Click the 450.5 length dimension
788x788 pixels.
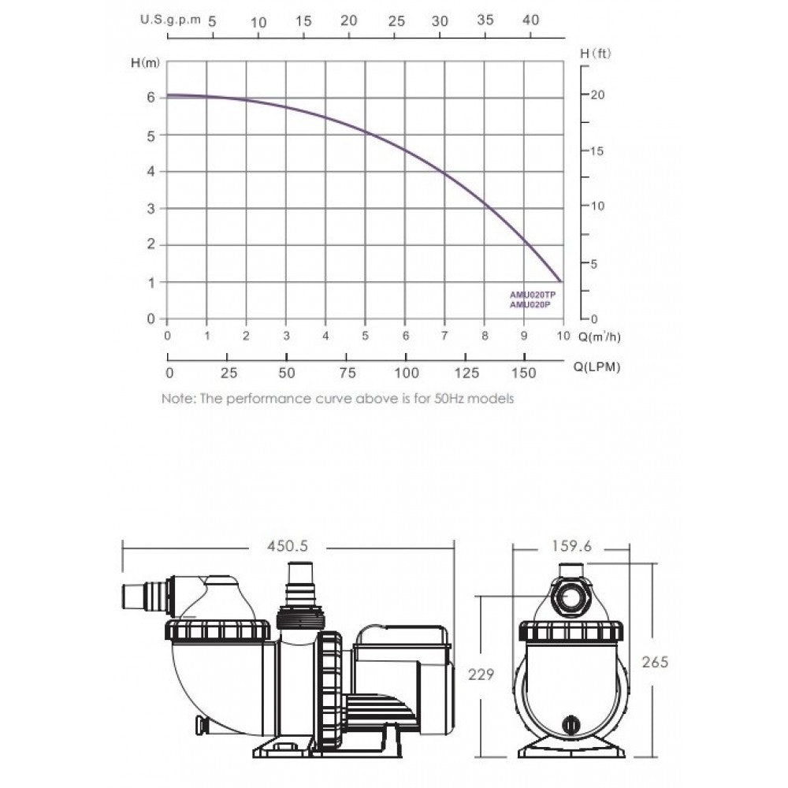(288, 546)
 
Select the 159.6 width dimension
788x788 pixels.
(571, 546)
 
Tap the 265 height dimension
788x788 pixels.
(655, 662)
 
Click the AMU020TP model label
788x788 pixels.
(533, 295)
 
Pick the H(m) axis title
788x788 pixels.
(145, 63)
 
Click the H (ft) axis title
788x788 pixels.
(596, 54)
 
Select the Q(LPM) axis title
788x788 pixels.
(597, 367)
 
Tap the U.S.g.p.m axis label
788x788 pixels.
(170, 20)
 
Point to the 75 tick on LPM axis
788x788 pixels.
(348, 373)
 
